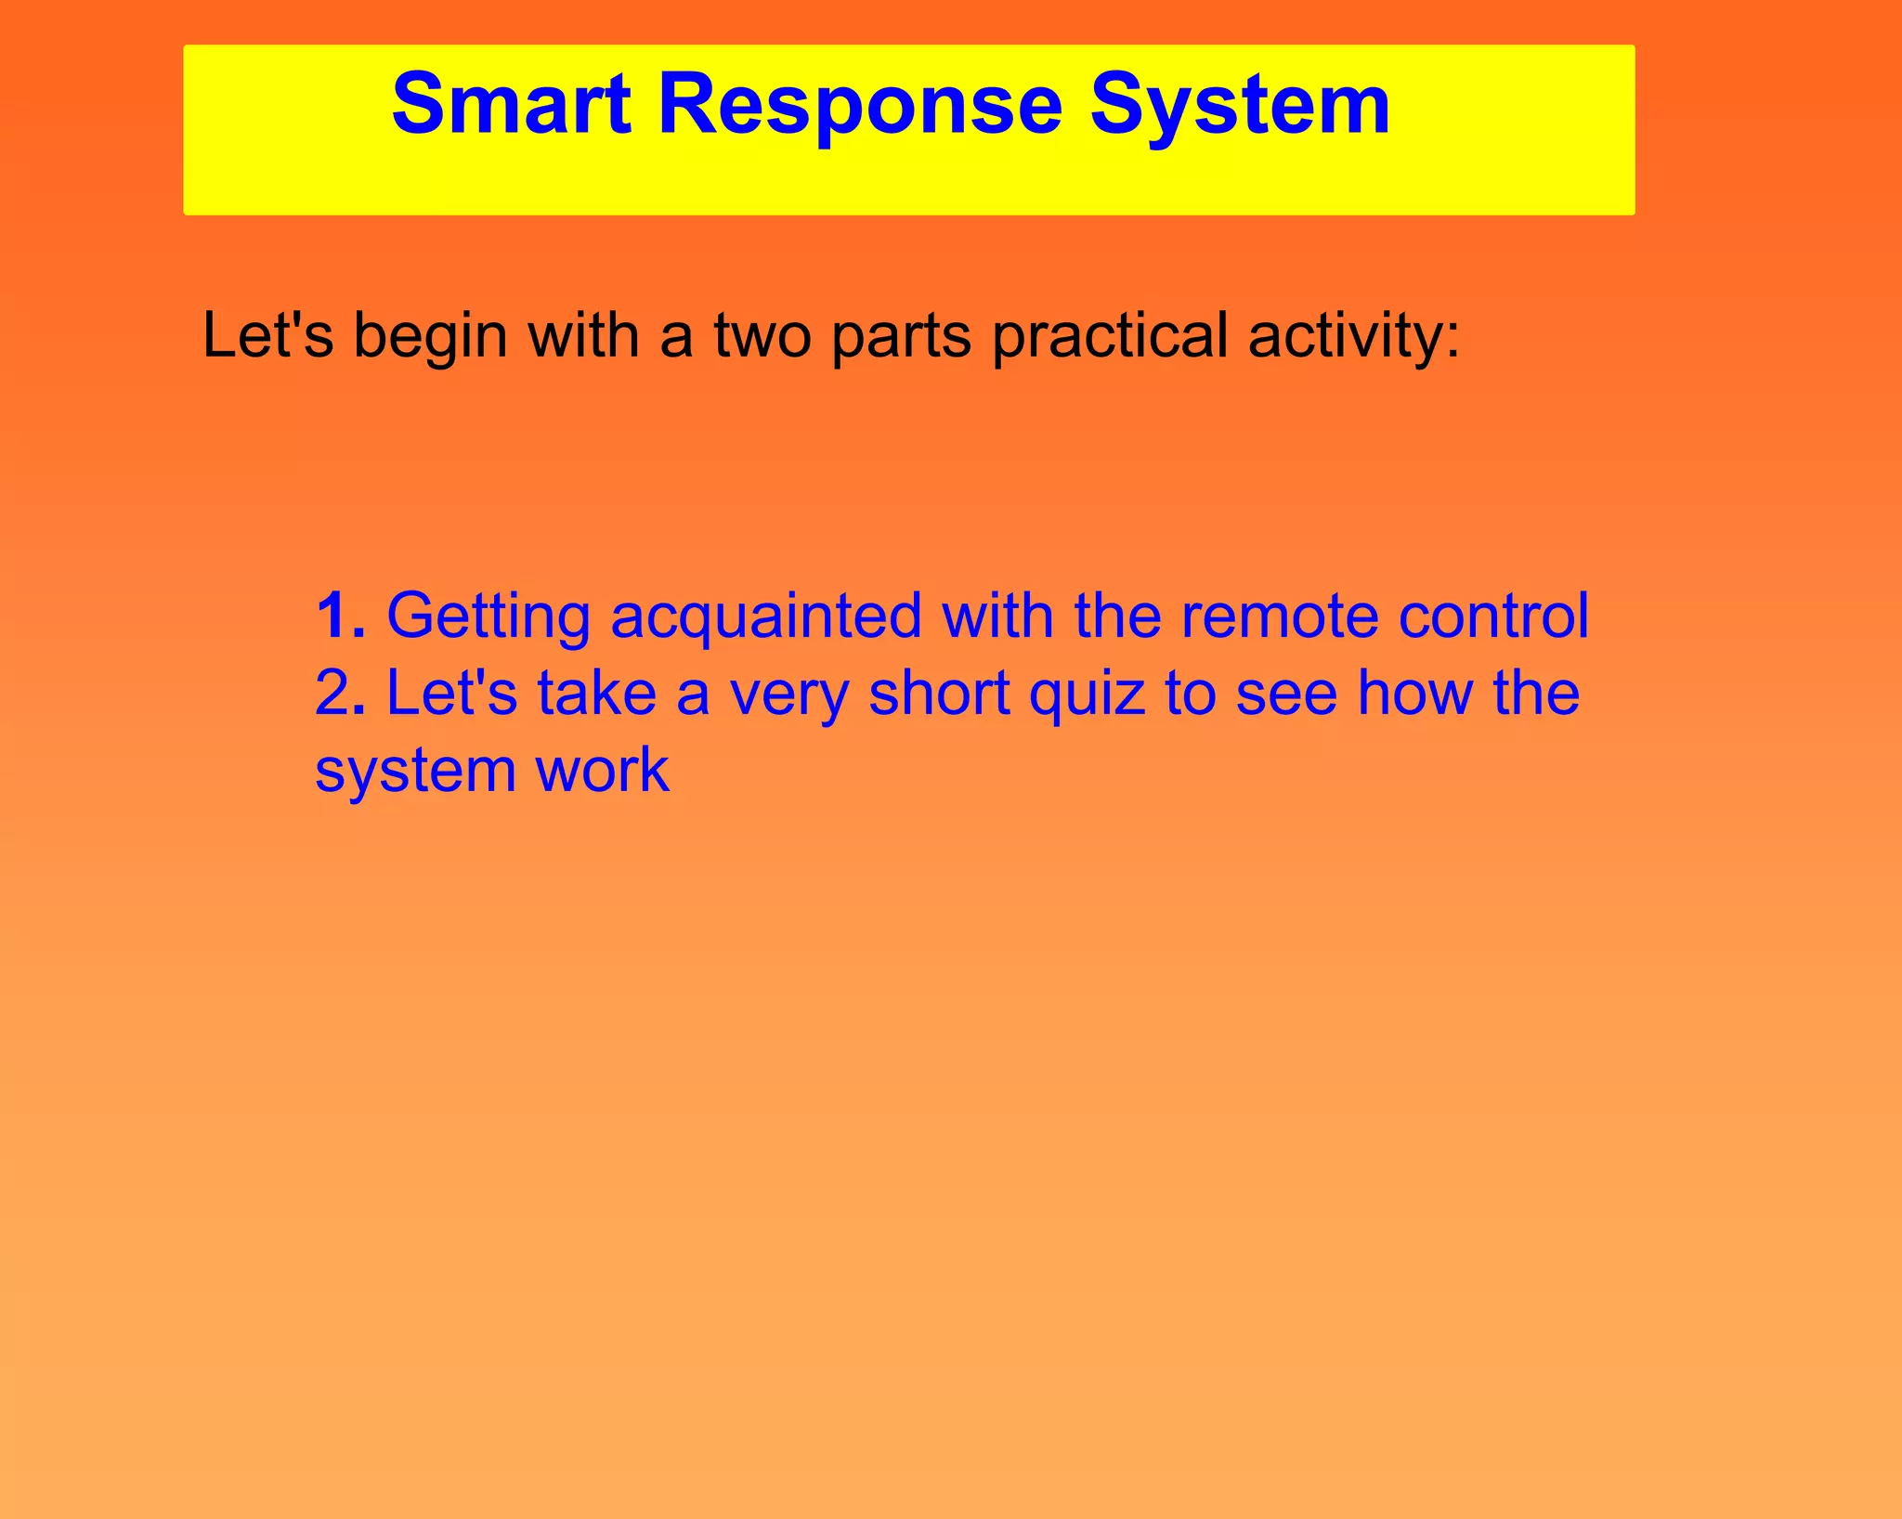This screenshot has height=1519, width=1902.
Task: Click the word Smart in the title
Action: (x=511, y=104)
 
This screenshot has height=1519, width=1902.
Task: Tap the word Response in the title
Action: (x=859, y=104)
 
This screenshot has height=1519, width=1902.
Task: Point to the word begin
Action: (x=430, y=335)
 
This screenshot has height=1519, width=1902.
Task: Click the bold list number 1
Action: (x=339, y=616)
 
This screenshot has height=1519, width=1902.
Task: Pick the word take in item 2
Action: (x=596, y=694)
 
